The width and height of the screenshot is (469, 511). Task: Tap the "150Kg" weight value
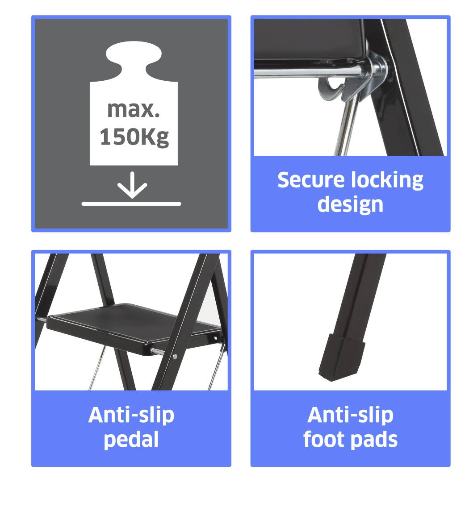[134, 137]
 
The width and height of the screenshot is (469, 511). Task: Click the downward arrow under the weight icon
[132, 185]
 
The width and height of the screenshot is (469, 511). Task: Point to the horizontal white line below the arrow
[131, 204]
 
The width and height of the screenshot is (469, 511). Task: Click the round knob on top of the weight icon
[134, 55]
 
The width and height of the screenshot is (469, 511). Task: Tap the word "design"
[350, 205]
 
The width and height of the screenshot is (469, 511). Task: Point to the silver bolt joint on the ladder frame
[378, 69]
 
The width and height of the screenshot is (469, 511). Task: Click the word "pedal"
[131, 440]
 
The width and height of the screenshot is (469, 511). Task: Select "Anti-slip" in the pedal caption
[131, 415]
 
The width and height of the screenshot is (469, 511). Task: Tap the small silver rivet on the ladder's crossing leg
[175, 357]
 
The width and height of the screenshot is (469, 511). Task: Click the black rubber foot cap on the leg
[341, 357]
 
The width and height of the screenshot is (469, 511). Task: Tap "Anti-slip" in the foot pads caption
[351, 415]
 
